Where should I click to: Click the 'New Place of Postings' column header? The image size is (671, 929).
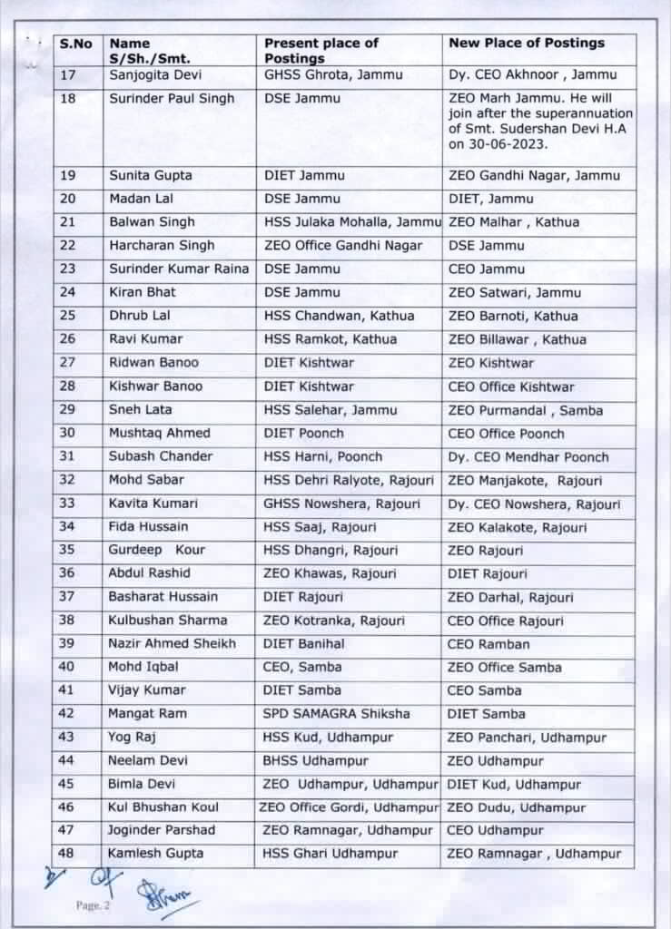[526, 43]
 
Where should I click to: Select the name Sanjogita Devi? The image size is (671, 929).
[153, 74]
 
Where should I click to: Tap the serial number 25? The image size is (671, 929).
[68, 316]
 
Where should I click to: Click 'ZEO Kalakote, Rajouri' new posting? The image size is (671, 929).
[518, 527]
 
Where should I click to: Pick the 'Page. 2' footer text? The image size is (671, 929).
[92, 905]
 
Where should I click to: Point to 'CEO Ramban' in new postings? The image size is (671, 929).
[488, 643]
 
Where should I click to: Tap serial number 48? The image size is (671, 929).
[66, 853]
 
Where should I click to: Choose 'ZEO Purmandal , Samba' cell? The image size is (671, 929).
[525, 410]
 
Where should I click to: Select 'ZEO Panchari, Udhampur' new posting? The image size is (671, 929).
[524, 737]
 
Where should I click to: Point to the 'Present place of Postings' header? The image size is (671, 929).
[321, 50]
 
